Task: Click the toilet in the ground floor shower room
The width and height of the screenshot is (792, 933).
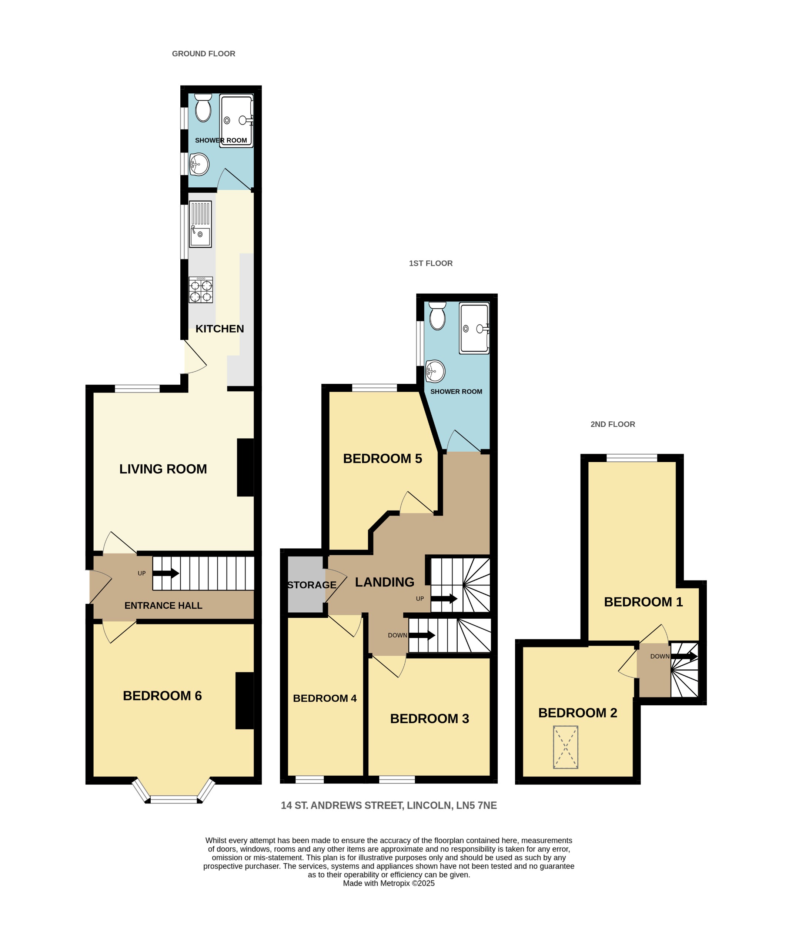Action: click(x=203, y=108)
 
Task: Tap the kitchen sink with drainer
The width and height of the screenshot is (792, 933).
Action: click(x=200, y=224)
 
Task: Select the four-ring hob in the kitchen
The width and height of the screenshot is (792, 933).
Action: click(x=201, y=290)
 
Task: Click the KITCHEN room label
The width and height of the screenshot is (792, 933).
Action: click(x=220, y=329)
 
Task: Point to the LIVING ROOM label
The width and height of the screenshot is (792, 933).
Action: click(x=163, y=469)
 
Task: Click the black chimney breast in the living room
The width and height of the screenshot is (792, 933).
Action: click(x=245, y=467)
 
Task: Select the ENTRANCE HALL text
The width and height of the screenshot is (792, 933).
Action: click(x=163, y=606)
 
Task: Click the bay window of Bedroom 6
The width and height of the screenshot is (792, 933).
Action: click(x=173, y=799)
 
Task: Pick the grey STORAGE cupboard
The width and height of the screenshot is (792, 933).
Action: click(x=305, y=585)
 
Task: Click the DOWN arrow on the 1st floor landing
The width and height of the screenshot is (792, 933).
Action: click(x=422, y=635)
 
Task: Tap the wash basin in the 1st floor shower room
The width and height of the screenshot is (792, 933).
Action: click(x=435, y=371)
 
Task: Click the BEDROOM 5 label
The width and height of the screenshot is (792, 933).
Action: click(x=382, y=458)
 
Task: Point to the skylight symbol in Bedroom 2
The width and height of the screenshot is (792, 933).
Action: click(x=565, y=747)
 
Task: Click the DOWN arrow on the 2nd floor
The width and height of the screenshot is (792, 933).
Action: click(x=684, y=656)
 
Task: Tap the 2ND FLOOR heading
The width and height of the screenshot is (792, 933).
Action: click(x=612, y=424)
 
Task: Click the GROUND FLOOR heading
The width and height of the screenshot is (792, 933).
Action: click(x=203, y=54)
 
